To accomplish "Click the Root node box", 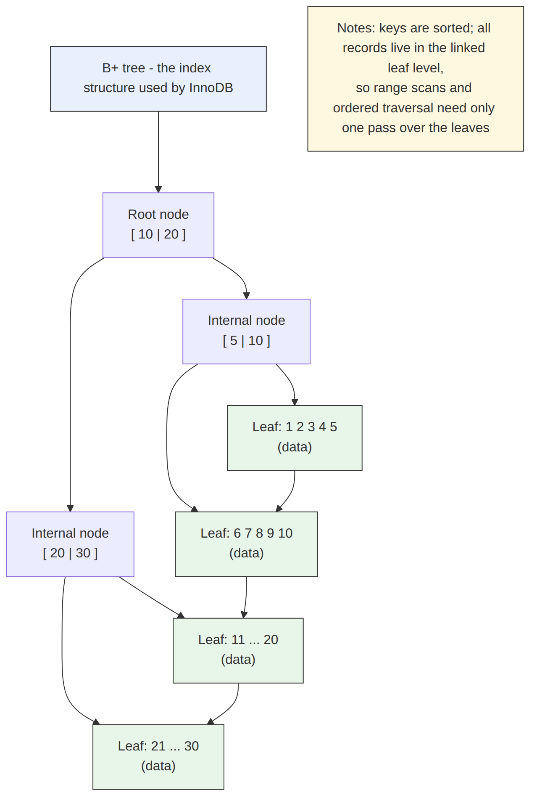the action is click(x=158, y=225).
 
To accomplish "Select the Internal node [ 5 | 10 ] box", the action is click(x=246, y=331).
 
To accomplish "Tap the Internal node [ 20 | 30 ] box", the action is click(x=70, y=544).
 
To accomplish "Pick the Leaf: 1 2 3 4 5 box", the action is click(x=295, y=438).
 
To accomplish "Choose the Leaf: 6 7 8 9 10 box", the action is click(x=246, y=544).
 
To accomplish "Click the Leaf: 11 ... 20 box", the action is click(x=238, y=651).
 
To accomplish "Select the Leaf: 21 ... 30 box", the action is click(x=158, y=757).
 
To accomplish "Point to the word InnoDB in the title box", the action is click(x=211, y=88).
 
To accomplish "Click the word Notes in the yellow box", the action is click(x=356, y=28).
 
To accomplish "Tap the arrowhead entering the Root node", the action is click(x=158, y=189).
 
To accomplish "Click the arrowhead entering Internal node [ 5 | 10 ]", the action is click(x=246, y=296).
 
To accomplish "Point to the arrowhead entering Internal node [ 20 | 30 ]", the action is click(x=70, y=508).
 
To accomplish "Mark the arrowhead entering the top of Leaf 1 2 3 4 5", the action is click(x=295, y=402).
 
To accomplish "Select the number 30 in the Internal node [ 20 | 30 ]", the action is click(x=83, y=553).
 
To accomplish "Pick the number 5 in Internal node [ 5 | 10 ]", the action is click(x=234, y=341).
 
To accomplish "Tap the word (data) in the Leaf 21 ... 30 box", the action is click(x=158, y=766).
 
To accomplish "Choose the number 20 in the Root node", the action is click(x=171, y=234).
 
